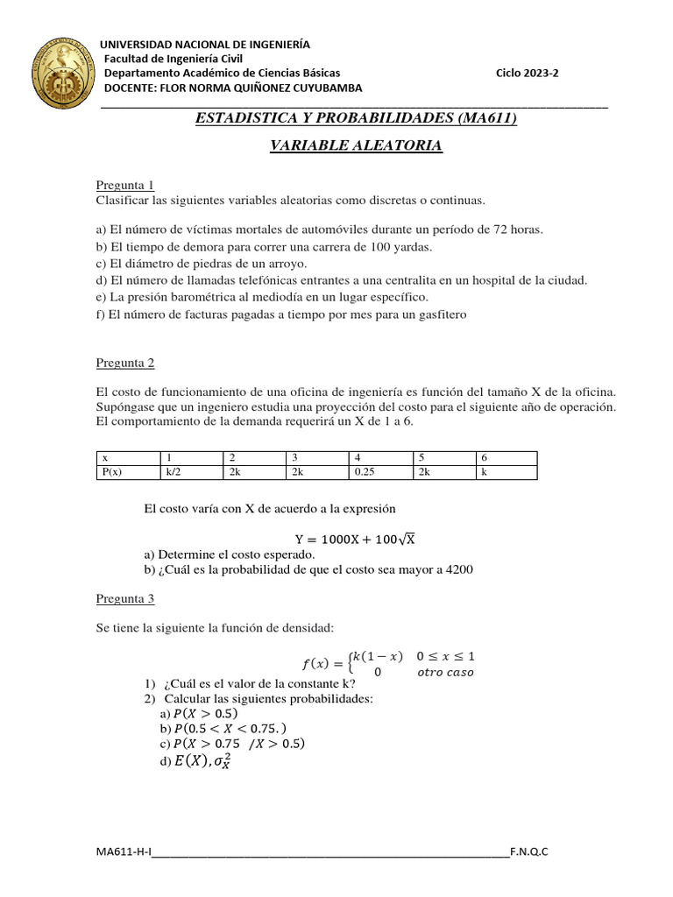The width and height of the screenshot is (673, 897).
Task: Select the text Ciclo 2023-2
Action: click(527, 74)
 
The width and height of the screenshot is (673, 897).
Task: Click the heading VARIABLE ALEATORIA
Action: click(355, 145)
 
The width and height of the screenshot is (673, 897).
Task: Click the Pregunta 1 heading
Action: click(124, 185)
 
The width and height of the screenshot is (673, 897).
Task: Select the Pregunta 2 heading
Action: click(124, 364)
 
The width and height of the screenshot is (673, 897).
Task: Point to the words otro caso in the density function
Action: click(444, 673)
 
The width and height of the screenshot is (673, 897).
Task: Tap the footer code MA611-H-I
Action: click(124, 851)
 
